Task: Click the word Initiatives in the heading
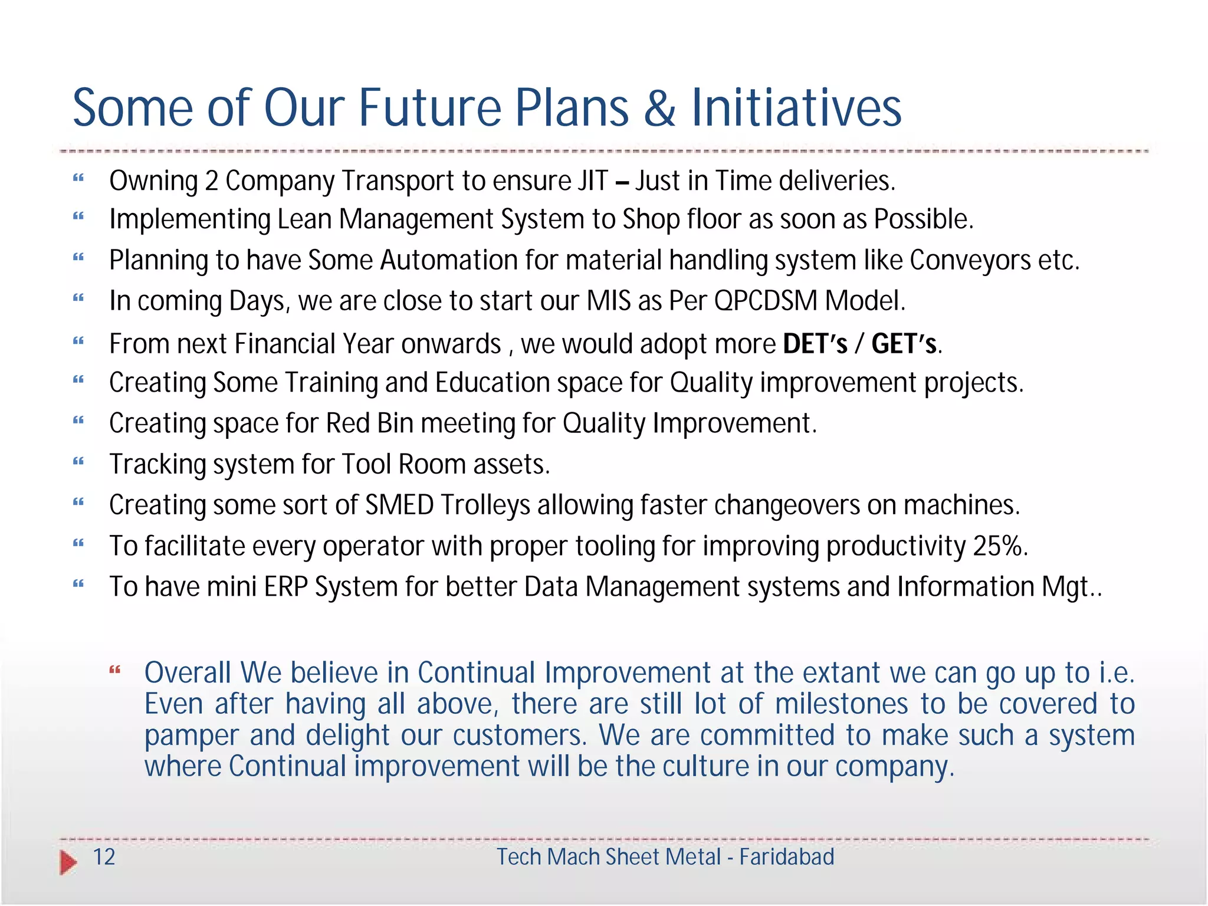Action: tap(796, 109)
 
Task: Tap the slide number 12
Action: tap(104, 857)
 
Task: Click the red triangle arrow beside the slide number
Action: tap(68, 862)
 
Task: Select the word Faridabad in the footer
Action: tap(787, 857)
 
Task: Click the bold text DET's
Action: tap(815, 344)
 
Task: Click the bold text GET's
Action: tap(904, 344)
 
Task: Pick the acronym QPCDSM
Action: tap(765, 301)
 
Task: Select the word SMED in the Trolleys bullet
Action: tap(399, 505)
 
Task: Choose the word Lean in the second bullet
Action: tap(304, 220)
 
